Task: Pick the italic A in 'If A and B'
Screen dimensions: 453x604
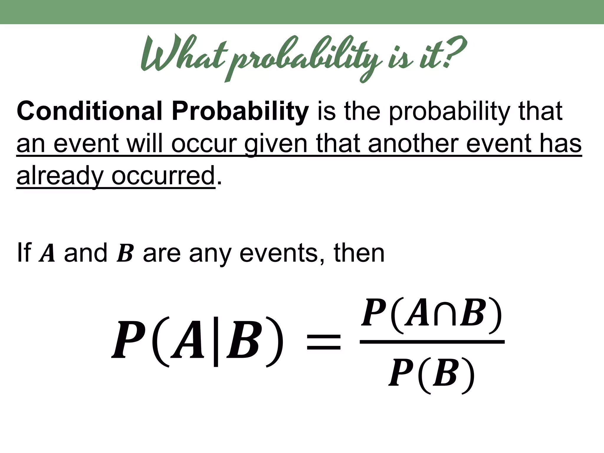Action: point(47,254)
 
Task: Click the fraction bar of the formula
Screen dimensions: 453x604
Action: point(432,342)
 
